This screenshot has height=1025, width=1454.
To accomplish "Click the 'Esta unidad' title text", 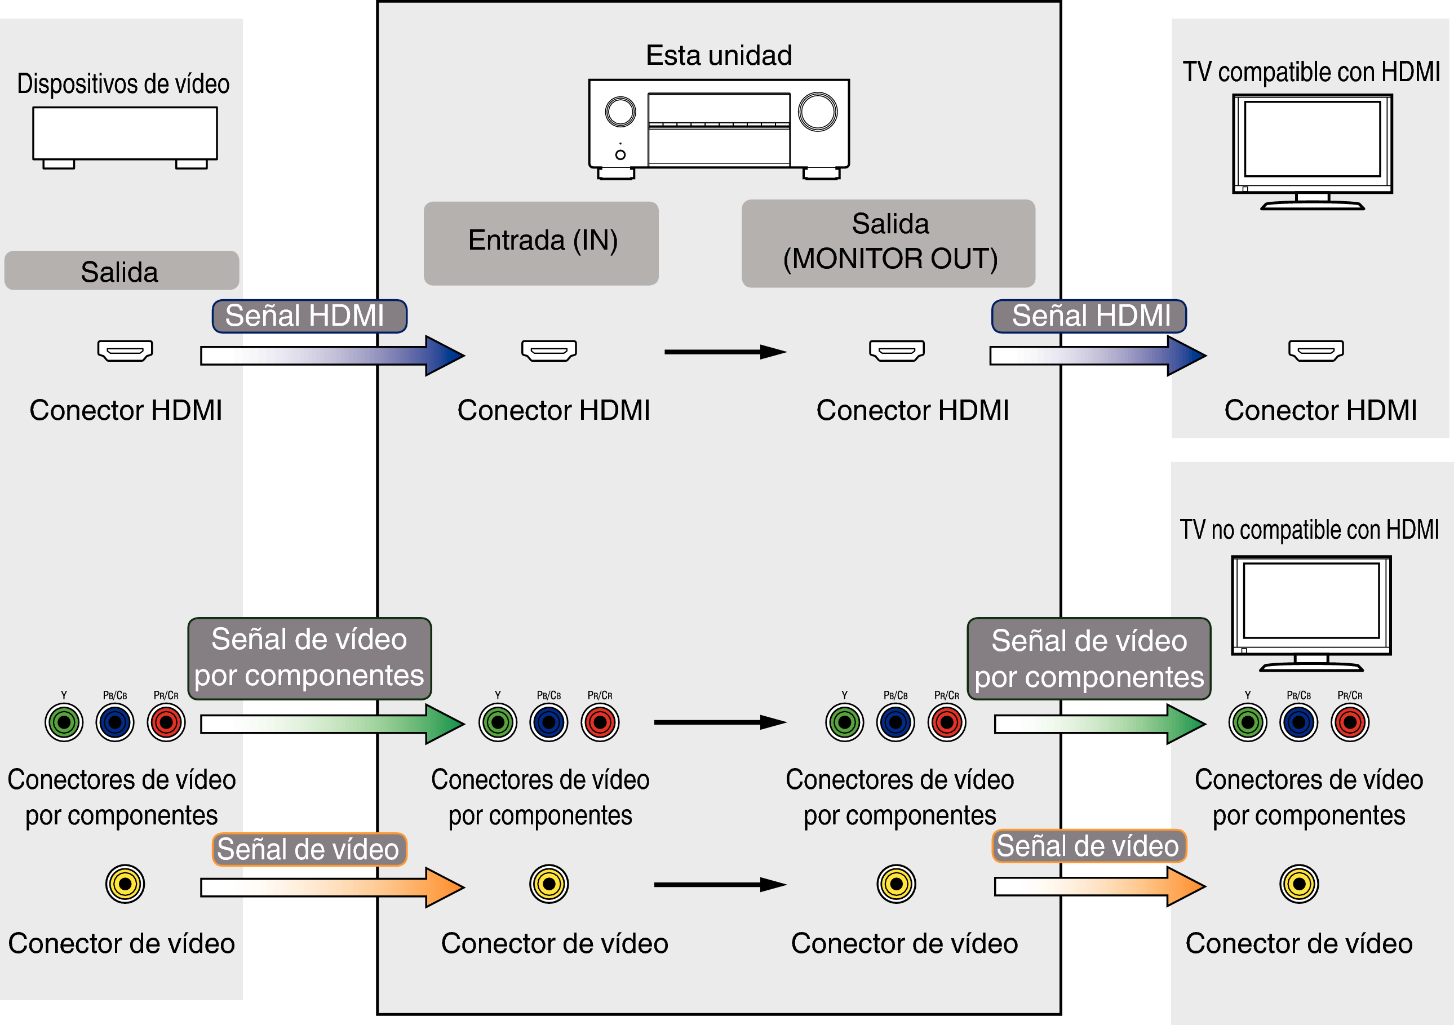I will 719,56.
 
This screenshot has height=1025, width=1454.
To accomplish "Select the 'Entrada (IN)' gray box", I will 542,242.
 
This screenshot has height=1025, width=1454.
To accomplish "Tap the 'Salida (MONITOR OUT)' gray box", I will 889,242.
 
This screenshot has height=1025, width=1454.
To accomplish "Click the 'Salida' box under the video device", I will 121,271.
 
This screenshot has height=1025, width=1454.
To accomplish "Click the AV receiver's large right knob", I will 817,112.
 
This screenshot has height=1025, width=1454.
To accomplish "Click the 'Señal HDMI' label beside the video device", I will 308,316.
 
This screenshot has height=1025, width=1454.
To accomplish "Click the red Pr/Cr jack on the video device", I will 166,722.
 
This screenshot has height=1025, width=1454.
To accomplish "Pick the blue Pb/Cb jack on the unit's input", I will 548,722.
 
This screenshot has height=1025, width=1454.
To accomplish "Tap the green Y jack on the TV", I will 1248,722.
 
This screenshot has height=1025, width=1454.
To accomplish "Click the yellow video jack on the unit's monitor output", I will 896,883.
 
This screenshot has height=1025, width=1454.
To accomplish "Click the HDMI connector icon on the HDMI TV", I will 1316,350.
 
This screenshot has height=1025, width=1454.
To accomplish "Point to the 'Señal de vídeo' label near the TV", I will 1088,846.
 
